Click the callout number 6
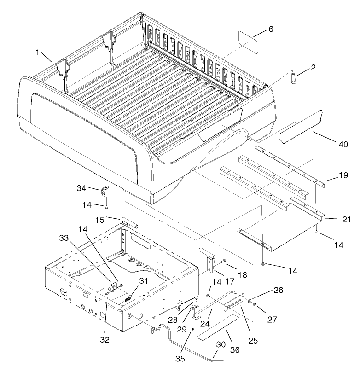tap(270, 29)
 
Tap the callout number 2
tap(313, 68)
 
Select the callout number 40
tap(343, 144)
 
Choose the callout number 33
tap(64, 238)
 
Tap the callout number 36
tap(235, 350)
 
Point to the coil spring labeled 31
tap(128, 297)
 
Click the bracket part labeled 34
tap(105, 191)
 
